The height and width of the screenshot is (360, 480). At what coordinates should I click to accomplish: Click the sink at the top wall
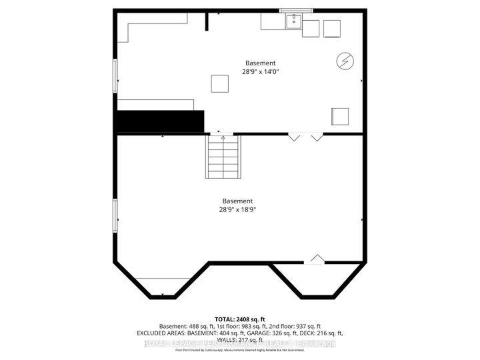(293, 22)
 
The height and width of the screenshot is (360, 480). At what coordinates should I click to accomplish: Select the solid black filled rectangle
(161, 121)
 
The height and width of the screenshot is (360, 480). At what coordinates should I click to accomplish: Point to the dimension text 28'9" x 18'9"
(238, 209)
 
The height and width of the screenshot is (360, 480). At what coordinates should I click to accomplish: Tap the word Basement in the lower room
(238, 201)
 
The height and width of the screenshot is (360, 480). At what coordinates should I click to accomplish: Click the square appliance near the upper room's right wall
(340, 116)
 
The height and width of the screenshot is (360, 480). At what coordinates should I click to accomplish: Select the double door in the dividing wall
(305, 137)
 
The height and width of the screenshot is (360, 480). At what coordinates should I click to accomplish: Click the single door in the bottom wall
(316, 259)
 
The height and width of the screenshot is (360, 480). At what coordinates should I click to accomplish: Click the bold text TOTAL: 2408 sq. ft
(240, 317)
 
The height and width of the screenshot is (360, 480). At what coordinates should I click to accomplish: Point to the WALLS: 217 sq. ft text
(240, 339)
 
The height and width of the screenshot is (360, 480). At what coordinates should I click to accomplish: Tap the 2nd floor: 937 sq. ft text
(305, 325)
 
